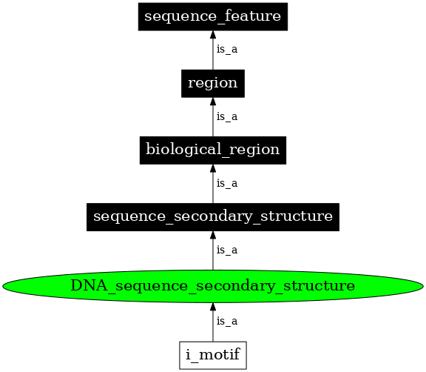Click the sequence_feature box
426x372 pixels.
213,17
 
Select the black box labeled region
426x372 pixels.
213,83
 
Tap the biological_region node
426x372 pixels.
213,150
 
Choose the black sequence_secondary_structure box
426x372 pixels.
213,216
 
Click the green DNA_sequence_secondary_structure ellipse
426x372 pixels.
213,285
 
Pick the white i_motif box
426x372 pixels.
213,355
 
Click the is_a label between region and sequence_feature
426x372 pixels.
226,50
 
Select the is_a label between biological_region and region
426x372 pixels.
226,116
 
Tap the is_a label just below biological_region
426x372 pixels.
226,183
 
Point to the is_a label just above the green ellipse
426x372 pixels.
226,250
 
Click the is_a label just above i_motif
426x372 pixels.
226,321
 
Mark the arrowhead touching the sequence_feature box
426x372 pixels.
213,35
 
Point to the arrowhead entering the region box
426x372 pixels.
213,102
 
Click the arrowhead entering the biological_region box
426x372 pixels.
213,168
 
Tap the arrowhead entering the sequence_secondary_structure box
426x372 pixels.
213,235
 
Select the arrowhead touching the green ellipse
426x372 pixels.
213,306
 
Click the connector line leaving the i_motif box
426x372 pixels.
213,330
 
